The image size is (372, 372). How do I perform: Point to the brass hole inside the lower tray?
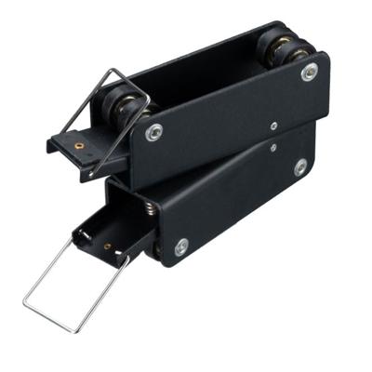(x=108, y=247)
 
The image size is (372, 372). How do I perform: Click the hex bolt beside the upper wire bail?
(x=153, y=131)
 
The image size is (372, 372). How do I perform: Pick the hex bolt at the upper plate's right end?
(x=309, y=73)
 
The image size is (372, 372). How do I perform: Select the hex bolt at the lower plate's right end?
(x=299, y=167)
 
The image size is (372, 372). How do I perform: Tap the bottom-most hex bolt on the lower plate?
(x=181, y=246)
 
